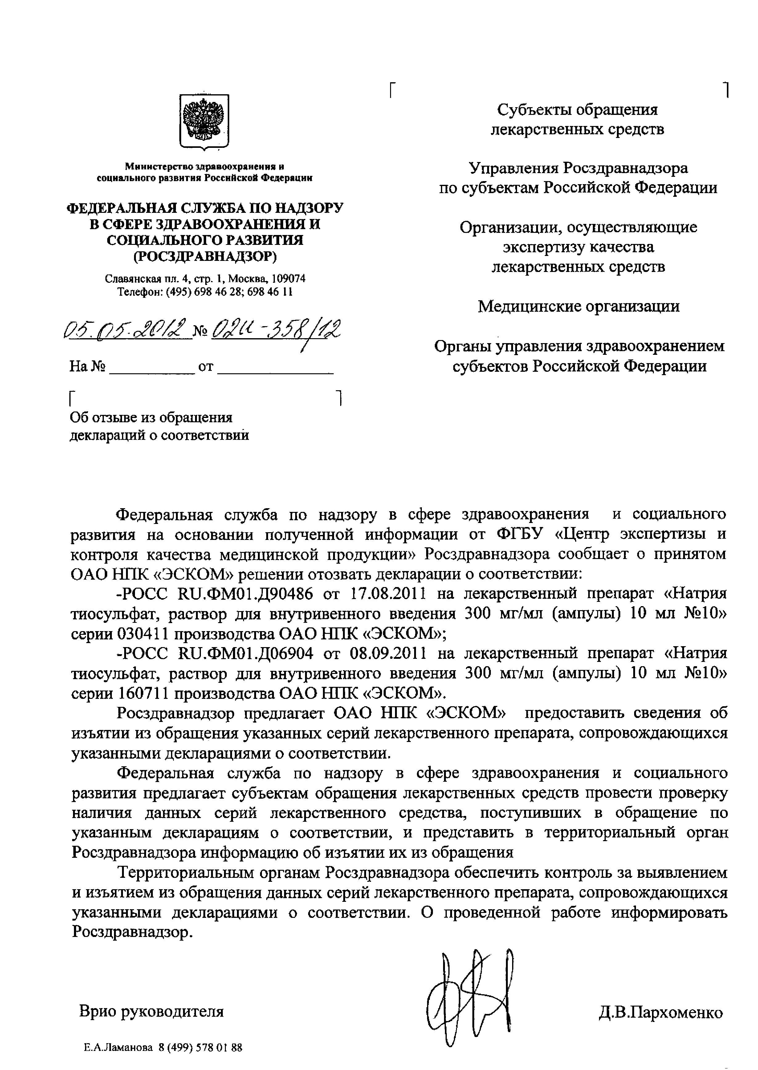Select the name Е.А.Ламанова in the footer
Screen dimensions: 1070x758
(118, 1048)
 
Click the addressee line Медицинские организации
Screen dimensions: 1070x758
(578, 306)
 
